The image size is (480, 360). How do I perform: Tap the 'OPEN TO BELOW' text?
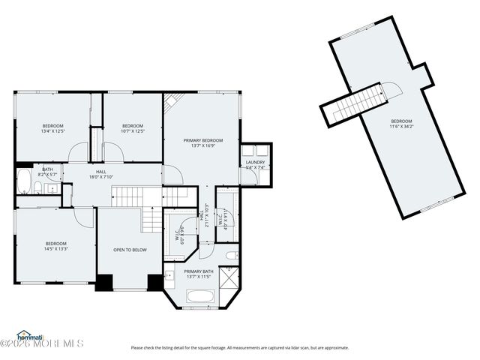tap(130, 250)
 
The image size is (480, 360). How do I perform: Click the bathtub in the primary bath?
tap(201, 298)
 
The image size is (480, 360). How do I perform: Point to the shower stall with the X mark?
tap(229, 277)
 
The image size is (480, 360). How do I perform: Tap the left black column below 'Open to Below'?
tap(104, 283)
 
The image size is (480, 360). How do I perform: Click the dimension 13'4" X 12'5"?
tap(52, 131)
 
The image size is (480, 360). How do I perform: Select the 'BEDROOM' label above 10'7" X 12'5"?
tap(133, 125)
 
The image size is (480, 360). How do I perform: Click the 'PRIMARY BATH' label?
tap(199, 271)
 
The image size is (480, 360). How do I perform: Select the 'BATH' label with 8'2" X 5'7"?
tap(48, 169)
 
